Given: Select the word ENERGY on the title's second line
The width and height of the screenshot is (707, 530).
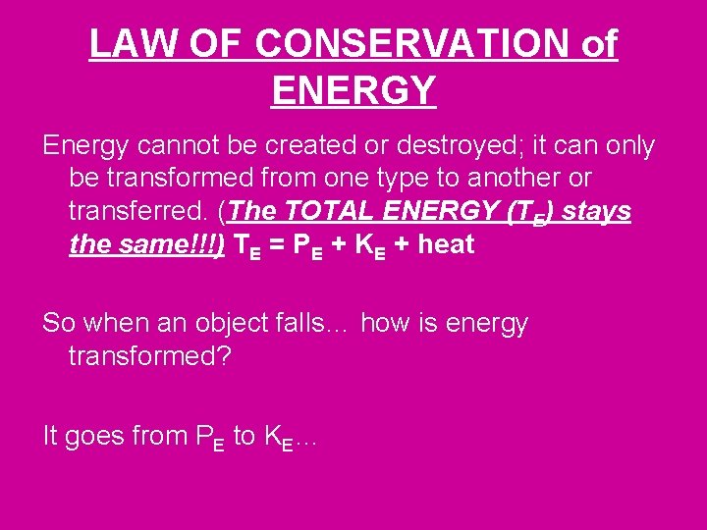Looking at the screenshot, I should pos(353,91).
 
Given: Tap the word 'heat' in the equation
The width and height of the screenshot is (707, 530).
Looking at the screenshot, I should pos(447,245).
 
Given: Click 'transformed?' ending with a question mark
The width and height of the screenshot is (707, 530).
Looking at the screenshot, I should pos(150,356).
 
